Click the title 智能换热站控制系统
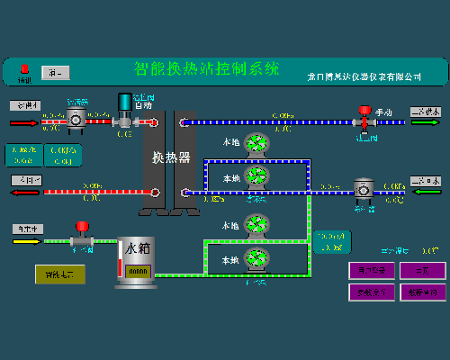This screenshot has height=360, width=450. pyautogui.click(x=207, y=68)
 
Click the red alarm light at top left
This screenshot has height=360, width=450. pyautogui.click(x=25, y=69)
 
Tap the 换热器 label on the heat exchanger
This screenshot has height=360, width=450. pyautogui.click(x=170, y=157)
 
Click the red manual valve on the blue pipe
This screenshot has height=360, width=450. pyautogui.click(x=365, y=117)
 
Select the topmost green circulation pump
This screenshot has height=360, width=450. pyautogui.click(x=256, y=142)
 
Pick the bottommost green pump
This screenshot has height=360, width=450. pyautogui.click(x=256, y=259)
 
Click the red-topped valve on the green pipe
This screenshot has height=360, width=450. pyautogui.click(x=81, y=234)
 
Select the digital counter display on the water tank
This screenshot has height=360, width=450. pyautogui.click(x=138, y=270)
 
